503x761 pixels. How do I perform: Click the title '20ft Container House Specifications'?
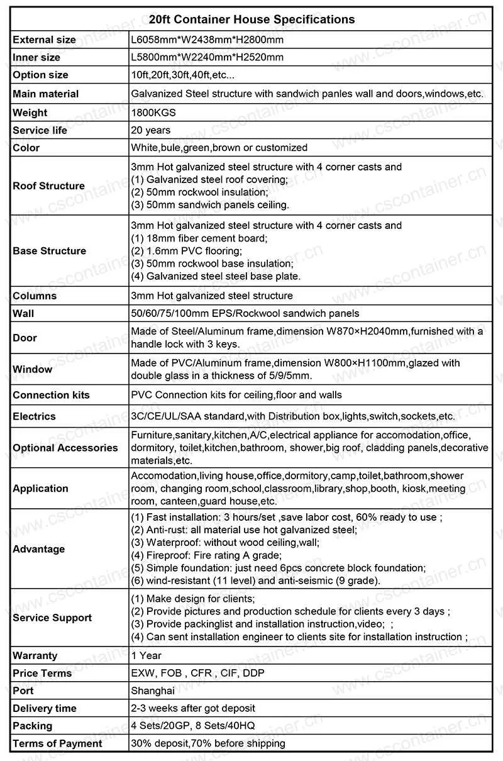tap(251, 19)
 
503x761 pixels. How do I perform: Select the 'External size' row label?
tap(44, 40)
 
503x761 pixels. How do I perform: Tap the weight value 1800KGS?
tap(153, 113)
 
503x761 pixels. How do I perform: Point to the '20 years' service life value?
tap(151, 130)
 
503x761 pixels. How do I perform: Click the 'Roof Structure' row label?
tap(48, 186)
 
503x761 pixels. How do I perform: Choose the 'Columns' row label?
tap(35, 296)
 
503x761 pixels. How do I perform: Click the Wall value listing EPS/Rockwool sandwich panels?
tap(245, 313)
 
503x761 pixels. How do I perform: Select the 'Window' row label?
tap(32, 369)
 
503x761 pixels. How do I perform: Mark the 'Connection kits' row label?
tap(51, 395)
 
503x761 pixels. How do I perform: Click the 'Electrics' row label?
tap(34, 416)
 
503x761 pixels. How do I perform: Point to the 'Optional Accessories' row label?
tap(65, 448)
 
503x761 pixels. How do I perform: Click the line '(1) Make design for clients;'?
tap(193, 599)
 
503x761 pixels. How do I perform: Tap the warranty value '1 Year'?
tap(146, 655)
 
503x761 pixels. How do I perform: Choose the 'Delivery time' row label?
tap(45, 708)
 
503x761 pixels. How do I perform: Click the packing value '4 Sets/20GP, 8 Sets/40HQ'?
tap(192, 726)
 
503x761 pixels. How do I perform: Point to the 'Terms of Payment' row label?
tap(57, 743)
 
